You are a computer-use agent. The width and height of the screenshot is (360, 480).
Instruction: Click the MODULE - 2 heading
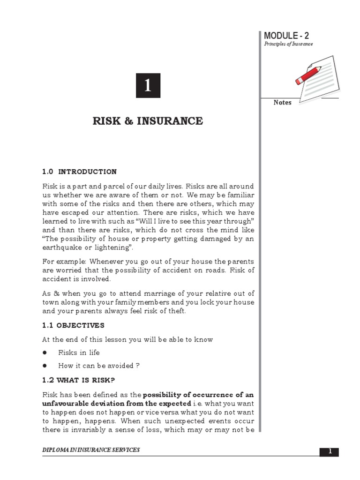click(286, 36)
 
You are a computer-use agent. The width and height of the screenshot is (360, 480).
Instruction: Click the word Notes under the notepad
click(283, 103)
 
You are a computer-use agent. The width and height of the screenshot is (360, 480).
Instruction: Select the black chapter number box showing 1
click(148, 85)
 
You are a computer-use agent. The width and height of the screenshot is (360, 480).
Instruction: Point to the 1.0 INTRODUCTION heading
click(79, 172)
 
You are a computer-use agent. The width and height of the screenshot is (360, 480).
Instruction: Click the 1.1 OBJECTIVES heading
click(73, 325)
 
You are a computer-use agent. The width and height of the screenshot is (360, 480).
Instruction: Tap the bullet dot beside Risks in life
click(45, 352)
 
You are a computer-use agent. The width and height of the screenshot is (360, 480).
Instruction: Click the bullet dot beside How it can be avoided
click(45, 366)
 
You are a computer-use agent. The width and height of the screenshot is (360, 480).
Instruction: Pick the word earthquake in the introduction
click(61, 247)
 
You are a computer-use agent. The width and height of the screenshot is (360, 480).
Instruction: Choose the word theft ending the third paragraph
click(177, 312)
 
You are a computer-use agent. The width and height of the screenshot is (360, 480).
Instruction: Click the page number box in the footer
click(329, 451)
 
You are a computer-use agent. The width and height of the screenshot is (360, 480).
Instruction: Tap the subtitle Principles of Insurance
click(288, 44)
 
